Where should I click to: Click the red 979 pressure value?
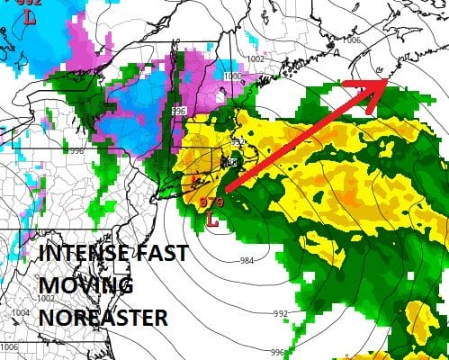point(211,202)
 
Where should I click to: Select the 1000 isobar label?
point(232,76)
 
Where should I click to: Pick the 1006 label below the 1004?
point(8,346)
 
